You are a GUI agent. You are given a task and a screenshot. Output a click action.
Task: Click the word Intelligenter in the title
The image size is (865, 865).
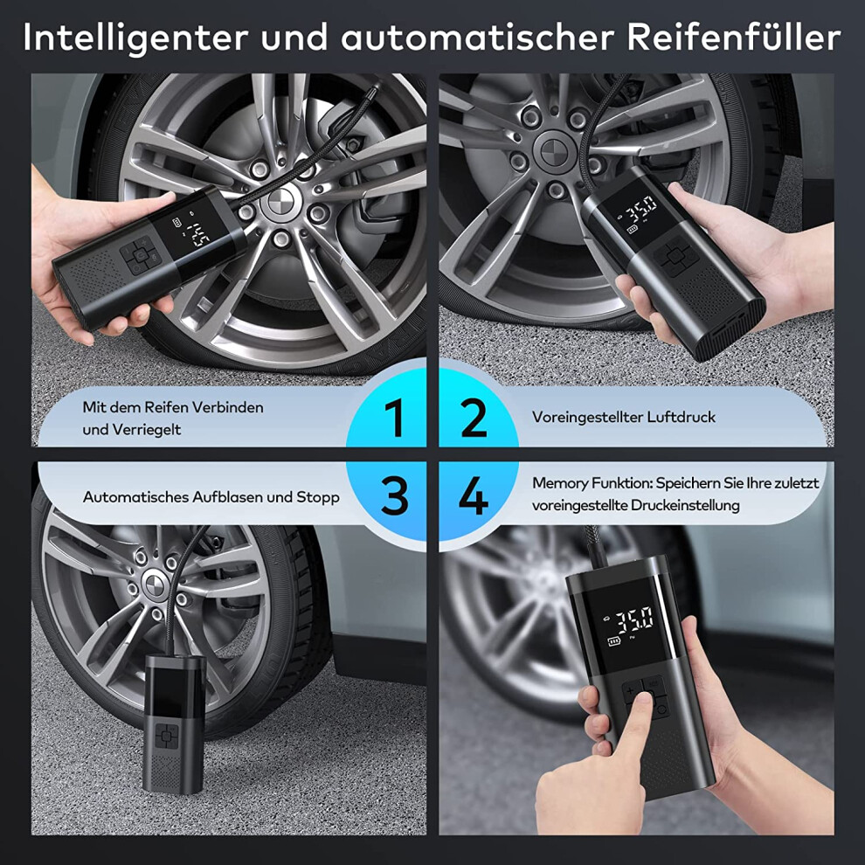(x=135, y=38)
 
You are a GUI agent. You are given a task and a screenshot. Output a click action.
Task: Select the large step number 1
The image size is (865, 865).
(x=394, y=418)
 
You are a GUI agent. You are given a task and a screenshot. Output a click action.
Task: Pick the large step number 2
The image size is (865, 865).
(x=474, y=418)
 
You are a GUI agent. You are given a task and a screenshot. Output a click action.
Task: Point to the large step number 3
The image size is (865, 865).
(x=394, y=495)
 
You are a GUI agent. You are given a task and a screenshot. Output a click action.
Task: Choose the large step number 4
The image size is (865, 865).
(x=474, y=495)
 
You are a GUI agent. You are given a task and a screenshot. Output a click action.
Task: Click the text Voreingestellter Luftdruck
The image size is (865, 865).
(x=623, y=417)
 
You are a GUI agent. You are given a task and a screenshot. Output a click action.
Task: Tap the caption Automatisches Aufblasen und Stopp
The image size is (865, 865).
(x=211, y=497)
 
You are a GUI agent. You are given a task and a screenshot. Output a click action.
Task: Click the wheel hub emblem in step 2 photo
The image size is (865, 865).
(x=553, y=149)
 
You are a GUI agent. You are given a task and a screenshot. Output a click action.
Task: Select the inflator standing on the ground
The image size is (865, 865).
(x=175, y=723)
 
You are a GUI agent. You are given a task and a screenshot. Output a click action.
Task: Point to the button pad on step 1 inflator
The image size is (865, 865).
(x=139, y=255)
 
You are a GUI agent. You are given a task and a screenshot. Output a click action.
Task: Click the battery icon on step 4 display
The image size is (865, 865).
(x=614, y=640)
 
